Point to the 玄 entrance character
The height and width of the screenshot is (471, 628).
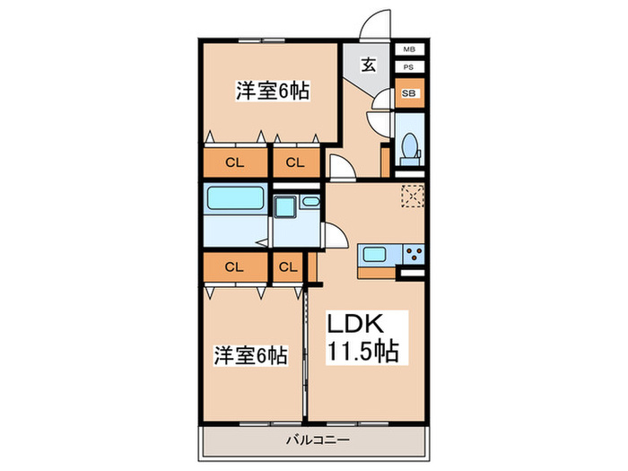369,65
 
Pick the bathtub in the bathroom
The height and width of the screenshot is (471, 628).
235,199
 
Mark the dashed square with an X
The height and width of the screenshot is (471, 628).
413,196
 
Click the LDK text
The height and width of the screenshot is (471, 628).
354,324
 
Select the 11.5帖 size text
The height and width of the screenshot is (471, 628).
356,350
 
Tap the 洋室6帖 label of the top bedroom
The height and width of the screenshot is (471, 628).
273,90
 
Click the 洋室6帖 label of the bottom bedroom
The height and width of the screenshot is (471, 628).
250,355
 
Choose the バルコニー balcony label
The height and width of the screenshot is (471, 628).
318,440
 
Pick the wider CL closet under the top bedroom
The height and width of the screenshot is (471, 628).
235,162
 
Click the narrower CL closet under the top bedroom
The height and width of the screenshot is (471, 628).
295,162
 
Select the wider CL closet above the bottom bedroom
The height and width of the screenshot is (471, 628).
235,266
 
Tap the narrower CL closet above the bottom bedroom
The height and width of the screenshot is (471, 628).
288,266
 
